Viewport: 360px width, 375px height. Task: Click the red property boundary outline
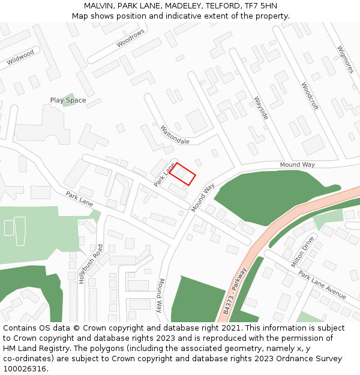pos(182,173)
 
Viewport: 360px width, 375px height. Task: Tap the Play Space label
pos(68,100)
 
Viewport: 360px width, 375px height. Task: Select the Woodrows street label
pos(131,38)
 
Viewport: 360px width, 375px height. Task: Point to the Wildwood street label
pos(20,57)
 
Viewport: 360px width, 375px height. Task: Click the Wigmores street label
pos(346,59)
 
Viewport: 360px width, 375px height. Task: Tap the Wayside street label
pos(260,107)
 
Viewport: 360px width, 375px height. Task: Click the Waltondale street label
pos(175,134)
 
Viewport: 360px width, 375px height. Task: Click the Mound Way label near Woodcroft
pos(297,165)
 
